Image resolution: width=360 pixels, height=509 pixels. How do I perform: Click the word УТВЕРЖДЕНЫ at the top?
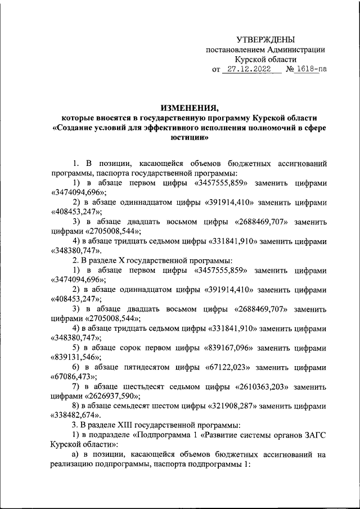click(x=265, y=39)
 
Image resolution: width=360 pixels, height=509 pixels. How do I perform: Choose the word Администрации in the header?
click(x=295, y=49)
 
